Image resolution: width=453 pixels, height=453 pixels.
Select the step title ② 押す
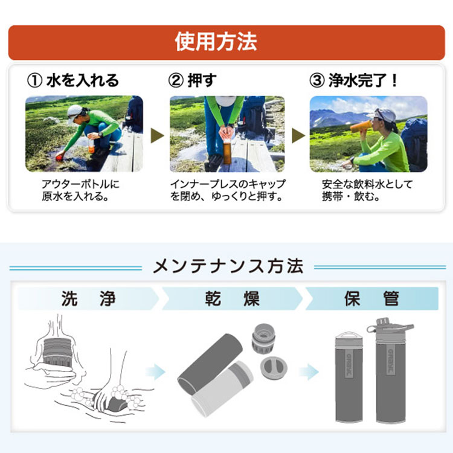point(192,80)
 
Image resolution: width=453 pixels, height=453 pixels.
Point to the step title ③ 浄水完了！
point(353,80)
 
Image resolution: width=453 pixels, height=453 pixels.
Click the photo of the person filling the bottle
point(84,133)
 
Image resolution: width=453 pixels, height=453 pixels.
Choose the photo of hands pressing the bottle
point(226,133)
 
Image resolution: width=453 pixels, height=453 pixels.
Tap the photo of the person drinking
point(368,133)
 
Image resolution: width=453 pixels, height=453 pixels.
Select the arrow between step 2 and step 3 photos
point(298,134)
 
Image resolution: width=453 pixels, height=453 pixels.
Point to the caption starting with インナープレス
point(227,190)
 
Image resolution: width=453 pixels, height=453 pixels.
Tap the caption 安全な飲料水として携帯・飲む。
point(361,190)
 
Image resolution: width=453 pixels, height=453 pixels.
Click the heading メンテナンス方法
point(228,266)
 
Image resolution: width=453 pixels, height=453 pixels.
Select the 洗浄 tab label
point(88,299)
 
